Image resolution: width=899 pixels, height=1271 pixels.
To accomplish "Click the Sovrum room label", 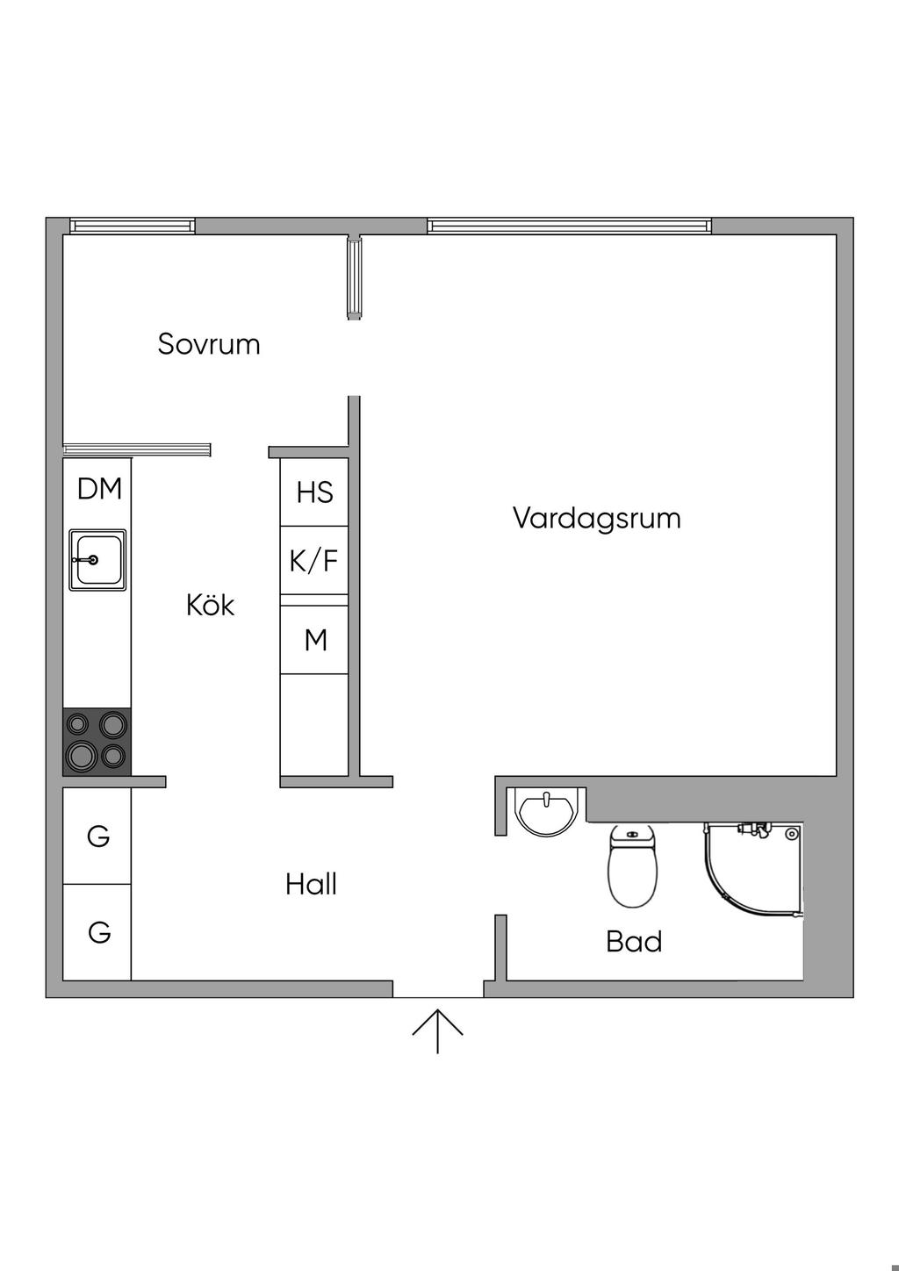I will [209, 344].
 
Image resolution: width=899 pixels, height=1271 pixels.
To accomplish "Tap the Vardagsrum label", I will [596, 518].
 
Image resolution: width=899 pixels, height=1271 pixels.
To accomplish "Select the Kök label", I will [210, 605].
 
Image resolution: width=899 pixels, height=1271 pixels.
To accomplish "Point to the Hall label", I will [311, 885].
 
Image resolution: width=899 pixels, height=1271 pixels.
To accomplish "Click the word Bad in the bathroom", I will [633, 942].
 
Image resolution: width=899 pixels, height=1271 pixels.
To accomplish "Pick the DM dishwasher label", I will [99, 489].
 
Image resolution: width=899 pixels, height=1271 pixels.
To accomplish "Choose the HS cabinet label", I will [314, 492].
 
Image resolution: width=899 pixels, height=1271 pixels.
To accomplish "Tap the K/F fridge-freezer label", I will [313, 560].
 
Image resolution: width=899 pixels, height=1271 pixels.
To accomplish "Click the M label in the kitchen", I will [315, 641].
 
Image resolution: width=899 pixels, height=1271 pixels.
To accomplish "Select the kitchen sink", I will [97, 560].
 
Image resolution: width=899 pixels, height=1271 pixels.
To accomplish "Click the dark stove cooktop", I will [97, 742].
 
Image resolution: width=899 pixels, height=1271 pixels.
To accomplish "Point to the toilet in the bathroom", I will [632, 867].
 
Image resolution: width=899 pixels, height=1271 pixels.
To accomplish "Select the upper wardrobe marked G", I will [97, 837].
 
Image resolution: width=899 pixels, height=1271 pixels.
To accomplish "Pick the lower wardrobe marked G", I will [97, 931].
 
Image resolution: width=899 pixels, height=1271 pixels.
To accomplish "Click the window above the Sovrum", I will [133, 226].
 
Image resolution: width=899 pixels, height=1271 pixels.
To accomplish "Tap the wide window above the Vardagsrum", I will [569, 226].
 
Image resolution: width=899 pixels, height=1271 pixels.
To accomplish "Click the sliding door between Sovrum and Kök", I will [137, 450].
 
